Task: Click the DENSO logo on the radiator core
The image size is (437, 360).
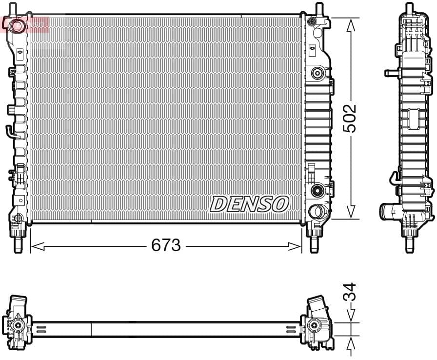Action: (249, 204)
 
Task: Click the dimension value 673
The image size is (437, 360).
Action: (166, 245)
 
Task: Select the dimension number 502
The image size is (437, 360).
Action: (350, 118)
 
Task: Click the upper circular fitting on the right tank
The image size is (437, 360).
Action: (317, 73)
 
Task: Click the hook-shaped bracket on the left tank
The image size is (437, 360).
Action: (9, 131)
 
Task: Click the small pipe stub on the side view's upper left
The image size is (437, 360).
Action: (391, 73)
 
